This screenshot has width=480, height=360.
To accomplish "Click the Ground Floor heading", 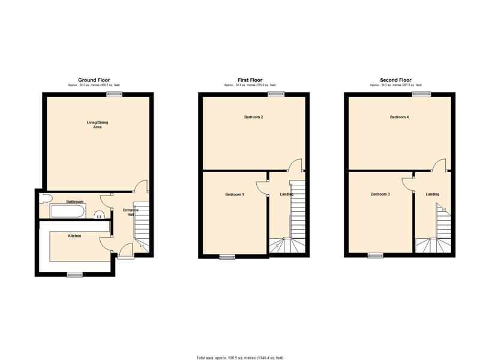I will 95,80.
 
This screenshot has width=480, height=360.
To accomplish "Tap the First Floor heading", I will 250,80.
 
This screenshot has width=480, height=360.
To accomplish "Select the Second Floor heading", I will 396,80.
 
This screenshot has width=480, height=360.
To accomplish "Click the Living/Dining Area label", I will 97,125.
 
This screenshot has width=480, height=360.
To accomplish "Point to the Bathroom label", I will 75,202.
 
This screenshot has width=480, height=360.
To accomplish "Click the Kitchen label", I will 74,236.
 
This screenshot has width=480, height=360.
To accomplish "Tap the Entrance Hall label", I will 131,212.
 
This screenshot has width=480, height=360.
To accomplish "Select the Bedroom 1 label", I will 235,194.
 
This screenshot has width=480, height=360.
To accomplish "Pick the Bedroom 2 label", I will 254,117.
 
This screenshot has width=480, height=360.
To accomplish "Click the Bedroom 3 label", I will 380,194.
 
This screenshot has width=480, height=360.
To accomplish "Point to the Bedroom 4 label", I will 400,117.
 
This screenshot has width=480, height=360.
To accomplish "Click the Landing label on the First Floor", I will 287,194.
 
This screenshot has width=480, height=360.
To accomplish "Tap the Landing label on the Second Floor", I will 433,194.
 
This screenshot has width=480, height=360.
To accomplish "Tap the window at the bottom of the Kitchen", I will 75,275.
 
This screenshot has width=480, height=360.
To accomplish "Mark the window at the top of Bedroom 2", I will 276,94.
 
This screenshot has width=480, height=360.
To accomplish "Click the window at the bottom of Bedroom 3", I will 375,256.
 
